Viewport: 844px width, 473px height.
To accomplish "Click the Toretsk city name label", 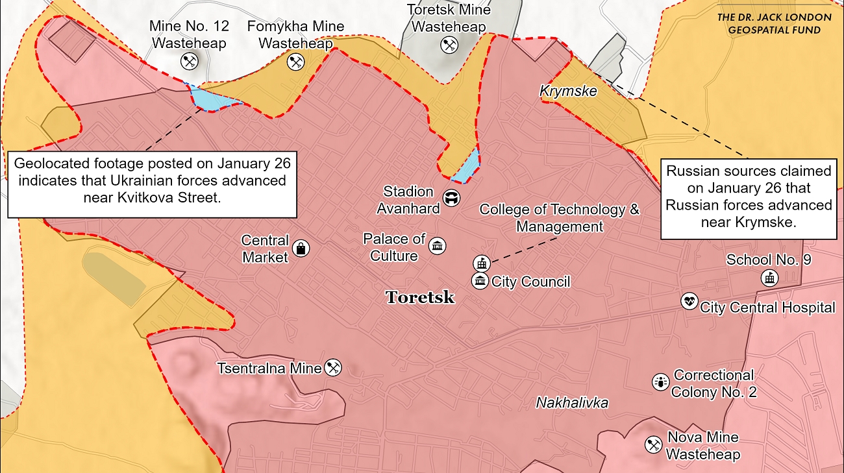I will tap(420, 298).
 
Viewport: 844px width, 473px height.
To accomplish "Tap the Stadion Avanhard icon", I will tap(450, 198).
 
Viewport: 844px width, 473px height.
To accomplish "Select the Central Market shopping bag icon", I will tap(301, 248).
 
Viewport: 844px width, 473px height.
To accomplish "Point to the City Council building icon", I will tap(480, 281).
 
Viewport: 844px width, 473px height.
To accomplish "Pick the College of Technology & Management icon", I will tap(480, 263).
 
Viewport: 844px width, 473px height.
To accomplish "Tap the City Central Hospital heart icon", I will tap(689, 301).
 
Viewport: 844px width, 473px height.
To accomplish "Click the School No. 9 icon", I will tap(769, 278).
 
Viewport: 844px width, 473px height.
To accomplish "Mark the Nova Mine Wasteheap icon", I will tap(653, 444).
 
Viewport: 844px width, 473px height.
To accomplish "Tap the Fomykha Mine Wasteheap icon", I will tap(295, 62).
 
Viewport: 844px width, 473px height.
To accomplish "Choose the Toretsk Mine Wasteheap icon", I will tap(449, 45).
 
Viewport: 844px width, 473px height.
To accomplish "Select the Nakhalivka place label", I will tap(572, 403).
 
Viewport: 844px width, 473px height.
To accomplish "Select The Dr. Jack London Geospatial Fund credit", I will tap(773, 24).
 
